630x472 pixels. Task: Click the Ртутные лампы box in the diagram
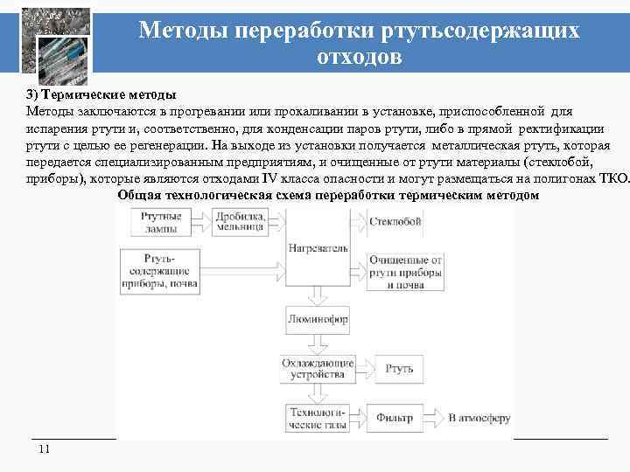(x=158, y=223)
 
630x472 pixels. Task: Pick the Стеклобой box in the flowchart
(x=395, y=221)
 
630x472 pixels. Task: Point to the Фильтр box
(x=395, y=418)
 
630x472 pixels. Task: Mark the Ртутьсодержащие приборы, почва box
(x=158, y=271)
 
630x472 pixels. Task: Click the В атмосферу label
(x=479, y=418)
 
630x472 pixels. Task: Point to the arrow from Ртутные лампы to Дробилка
(x=202, y=224)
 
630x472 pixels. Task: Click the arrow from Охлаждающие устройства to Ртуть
(x=360, y=369)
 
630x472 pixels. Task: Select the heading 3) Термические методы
(x=101, y=94)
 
